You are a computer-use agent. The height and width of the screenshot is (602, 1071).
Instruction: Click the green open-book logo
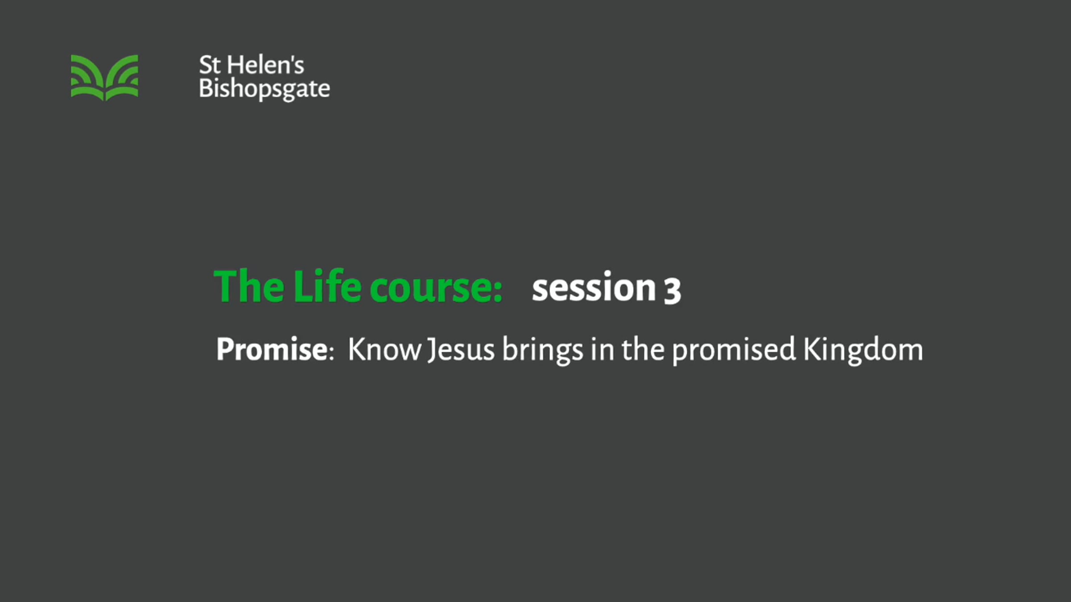104,78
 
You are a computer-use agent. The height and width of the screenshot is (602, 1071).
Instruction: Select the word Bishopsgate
265,89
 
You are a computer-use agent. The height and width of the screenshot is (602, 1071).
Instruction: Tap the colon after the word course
498,291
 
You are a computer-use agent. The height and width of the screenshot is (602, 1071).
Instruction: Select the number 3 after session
672,291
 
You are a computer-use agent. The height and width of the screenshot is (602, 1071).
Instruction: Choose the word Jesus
461,350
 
